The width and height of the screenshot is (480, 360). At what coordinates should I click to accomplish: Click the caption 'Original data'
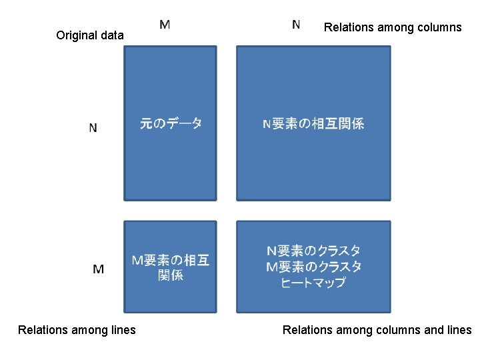click(90, 35)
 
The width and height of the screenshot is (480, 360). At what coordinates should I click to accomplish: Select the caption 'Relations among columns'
click(392, 27)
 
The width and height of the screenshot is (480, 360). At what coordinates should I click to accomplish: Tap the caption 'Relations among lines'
click(77, 329)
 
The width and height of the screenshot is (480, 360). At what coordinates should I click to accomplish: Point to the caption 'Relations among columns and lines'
click(377, 329)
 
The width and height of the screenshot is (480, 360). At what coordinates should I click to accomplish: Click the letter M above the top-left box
click(165, 25)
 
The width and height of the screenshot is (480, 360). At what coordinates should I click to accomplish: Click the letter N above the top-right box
click(296, 25)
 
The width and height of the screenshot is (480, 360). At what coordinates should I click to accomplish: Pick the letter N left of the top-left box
click(93, 127)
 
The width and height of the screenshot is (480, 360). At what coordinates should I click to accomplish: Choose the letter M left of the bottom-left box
click(98, 269)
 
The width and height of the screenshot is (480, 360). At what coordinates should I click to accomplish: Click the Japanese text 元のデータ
click(171, 123)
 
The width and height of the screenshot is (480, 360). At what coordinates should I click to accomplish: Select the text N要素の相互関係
click(313, 123)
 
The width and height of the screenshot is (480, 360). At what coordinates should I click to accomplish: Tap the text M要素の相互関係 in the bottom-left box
click(171, 267)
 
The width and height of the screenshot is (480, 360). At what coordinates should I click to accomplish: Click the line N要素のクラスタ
click(313, 251)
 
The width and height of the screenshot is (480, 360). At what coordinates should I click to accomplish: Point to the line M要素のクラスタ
click(313, 267)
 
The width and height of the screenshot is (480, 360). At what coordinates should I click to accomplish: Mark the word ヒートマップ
click(313, 283)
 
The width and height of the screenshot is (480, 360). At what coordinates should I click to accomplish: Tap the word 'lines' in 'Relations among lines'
click(122, 329)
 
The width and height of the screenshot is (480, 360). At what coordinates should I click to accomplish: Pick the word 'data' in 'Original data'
click(111, 35)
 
